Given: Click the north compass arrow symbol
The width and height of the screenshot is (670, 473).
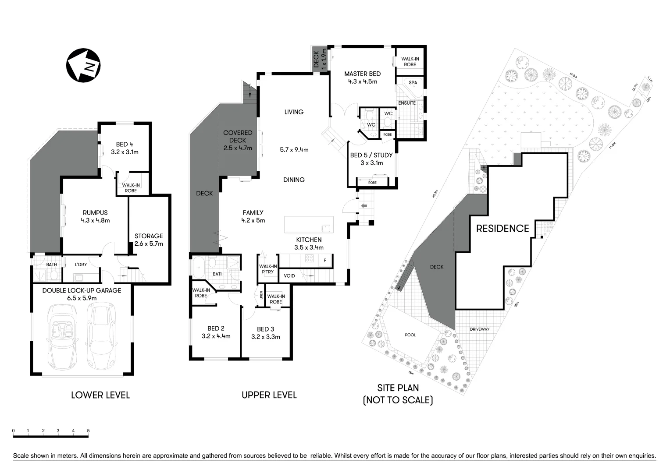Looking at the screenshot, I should [x=83, y=65].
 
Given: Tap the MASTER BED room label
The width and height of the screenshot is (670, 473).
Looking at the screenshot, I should [x=362, y=74].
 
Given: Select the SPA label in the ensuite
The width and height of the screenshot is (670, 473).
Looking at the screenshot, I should [x=413, y=82].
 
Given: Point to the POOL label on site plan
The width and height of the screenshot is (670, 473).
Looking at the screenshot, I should [x=410, y=335].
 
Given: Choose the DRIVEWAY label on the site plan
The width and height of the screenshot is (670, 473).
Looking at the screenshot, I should [x=479, y=329].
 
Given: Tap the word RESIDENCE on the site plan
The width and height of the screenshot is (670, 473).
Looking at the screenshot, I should [x=502, y=228].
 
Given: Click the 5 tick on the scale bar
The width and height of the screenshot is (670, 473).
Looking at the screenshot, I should [x=88, y=431].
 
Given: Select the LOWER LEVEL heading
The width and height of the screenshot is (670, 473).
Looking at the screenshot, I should [x=100, y=395].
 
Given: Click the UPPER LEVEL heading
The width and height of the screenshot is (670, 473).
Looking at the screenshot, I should [x=269, y=395].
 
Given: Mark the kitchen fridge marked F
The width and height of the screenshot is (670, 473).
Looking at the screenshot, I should [x=325, y=261].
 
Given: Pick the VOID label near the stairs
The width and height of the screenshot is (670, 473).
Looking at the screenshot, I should [x=289, y=276].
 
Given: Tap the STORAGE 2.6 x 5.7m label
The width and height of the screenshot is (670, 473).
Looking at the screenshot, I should [x=149, y=240].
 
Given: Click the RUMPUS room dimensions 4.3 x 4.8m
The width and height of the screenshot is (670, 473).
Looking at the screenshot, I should [x=95, y=220].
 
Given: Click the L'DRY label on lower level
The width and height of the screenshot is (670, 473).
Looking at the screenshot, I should [x=81, y=265].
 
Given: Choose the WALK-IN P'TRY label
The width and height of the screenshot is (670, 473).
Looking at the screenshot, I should [x=267, y=269].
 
